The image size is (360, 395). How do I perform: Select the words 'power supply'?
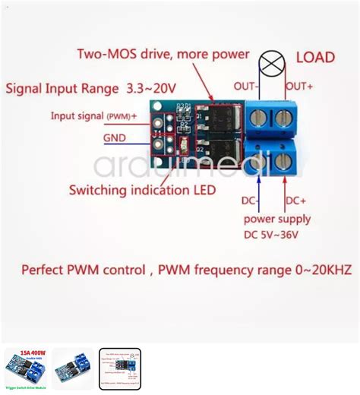[276, 220]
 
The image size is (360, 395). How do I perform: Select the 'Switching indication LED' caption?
[142, 189]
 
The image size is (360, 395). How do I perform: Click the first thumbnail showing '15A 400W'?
[26, 368]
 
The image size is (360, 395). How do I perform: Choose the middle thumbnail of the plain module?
[73, 368]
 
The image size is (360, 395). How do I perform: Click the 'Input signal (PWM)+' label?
[93, 116]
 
